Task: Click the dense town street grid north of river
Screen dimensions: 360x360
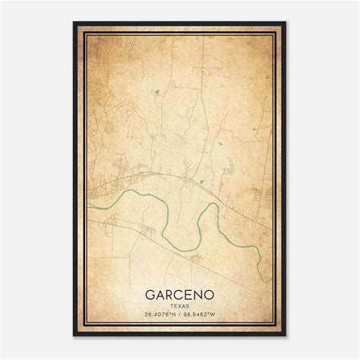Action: click(110, 182)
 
